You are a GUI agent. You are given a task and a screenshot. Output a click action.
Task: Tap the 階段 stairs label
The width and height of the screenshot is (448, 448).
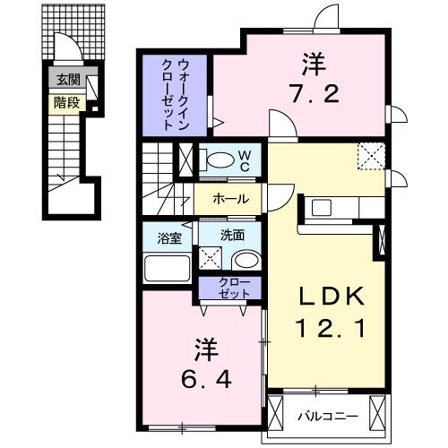66,102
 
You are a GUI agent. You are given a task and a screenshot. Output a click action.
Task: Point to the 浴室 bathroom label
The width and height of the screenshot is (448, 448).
169,238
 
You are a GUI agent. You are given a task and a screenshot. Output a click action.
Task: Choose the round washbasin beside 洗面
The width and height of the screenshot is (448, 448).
244,262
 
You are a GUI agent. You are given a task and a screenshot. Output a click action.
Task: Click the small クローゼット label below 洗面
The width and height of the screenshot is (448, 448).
231,288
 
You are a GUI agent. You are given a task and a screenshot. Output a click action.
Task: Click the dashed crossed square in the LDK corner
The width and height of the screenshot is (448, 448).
371,157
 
